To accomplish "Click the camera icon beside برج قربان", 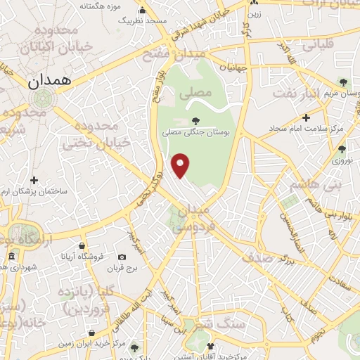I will click(x=122, y=257).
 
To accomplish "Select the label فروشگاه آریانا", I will click(x=82, y=257).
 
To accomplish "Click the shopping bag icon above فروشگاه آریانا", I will click(x=82, y=246).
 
